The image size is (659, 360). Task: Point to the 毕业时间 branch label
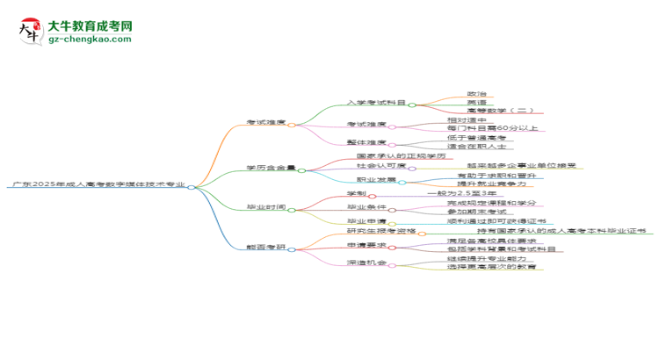pos(265,208)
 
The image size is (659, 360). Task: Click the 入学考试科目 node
pos(376,103)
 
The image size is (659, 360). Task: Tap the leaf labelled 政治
pos(477,93)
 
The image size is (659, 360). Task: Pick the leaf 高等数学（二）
pos(499,112)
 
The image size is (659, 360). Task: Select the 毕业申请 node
pos(366,220)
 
